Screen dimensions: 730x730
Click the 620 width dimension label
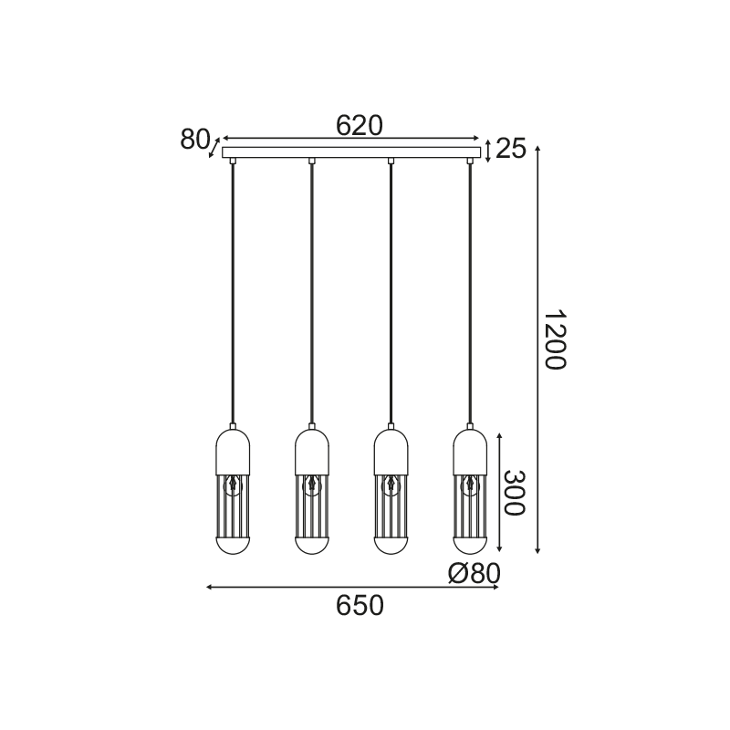pyautogui.click(x=359, y=125)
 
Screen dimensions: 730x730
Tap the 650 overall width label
pyautogui.click(x=359, y=605)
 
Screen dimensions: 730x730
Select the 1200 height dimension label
pyautogui.click(x=554, y=340)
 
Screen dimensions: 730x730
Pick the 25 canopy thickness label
pyautogui.click(x=512, y=149)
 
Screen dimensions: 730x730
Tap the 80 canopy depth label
pyautogui.click(x=195, y=140)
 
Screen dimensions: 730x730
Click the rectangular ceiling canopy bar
pyautogui.click(x=351, y=152)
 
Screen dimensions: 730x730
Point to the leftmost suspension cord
pyautogui.click(x=233, y=292)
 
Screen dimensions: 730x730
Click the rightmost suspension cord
pyautogui.click(x=471, y=292)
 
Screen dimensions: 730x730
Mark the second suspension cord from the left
pyautogui.click(x=312, y=292)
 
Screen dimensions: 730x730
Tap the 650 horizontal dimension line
pyautogui.click(x=274, y=588)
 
